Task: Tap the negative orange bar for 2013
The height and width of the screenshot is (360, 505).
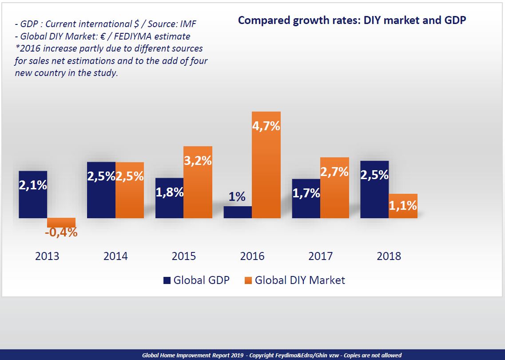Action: pos(61,222)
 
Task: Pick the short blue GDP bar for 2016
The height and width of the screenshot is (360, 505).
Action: pos(238,212)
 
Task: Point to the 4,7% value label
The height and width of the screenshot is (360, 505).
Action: pos(266,126)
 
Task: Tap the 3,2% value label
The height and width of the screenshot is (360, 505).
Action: pos(198,160)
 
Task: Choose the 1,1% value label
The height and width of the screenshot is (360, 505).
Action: pos(403,205)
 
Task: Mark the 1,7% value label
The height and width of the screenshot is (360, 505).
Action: pos(306,193)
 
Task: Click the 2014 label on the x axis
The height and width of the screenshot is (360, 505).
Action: pos(115,256)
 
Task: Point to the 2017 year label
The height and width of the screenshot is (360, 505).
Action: pos(320,256)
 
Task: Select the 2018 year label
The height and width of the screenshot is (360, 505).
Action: pos(389,256)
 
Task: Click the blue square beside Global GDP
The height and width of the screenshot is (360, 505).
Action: pos(167,280)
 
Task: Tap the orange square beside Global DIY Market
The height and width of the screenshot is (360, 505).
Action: pos(248,280)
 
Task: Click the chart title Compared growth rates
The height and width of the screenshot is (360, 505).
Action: pos(352,20)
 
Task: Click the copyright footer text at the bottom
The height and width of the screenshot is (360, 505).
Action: pos(271,355)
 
